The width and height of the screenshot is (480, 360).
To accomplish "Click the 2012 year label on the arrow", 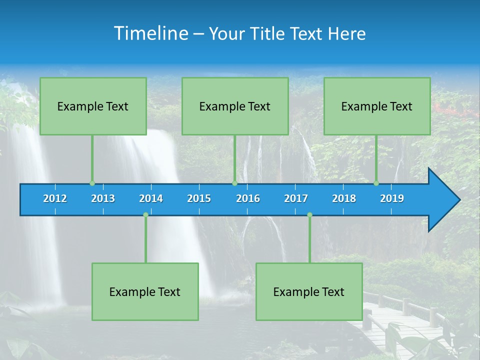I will pos(55,198).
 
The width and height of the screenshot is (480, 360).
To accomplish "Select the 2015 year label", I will pos(199,198).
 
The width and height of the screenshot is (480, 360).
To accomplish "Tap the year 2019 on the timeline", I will pos(392,198).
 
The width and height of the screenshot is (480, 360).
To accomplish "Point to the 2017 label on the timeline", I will pos(296,198).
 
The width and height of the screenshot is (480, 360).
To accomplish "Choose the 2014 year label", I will pos(151,198).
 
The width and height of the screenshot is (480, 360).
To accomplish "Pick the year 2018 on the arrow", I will pos(344,198).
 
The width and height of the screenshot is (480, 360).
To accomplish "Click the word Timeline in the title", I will pos(151,33).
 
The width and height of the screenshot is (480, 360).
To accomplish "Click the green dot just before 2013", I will pos(92,183).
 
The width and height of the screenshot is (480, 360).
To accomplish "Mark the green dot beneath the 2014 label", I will pos(145,215).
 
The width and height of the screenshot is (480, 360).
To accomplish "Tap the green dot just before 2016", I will pos(234,183).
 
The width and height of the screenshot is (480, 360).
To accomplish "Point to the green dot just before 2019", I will pos(376,183).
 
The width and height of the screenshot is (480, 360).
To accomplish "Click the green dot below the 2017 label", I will pos(309,215).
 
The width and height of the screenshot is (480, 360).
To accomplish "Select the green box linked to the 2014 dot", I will pos(145,291).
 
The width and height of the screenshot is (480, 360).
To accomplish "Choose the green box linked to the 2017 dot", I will pos(309,291).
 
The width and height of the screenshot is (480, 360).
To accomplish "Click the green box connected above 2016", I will pos(235,106).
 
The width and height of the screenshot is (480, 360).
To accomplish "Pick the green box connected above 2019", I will pos(377,106).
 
